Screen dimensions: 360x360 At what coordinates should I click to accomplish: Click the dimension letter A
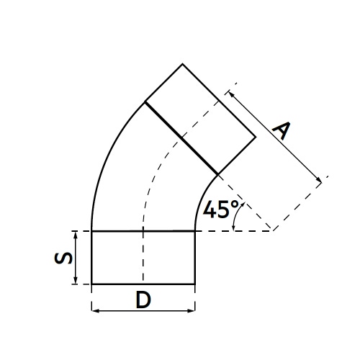coord(283,130)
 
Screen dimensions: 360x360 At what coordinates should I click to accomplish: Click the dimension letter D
coord(143,300)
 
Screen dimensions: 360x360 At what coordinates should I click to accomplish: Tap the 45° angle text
coord(220,210)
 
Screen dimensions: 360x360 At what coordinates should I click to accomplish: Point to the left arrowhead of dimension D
coord(94,312)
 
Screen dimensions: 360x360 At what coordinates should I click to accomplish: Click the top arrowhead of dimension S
coord(75,234)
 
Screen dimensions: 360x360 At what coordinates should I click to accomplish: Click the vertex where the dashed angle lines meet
coord(271,230)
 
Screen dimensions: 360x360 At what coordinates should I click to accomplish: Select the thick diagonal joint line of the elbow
coord(181,138)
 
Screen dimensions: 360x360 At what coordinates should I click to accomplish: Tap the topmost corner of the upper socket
coord(181,64)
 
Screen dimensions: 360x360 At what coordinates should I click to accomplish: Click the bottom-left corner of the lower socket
coord(91,284)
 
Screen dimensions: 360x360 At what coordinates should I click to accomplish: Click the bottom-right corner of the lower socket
coord(196,284)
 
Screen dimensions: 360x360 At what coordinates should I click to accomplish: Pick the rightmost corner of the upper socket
coord(256,138)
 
